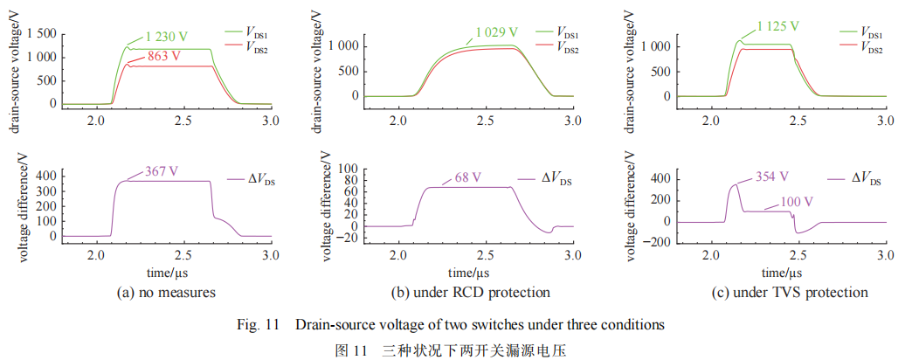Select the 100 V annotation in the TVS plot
pyautogui.click(x=798, y=201)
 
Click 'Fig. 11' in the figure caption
pyautogui.click(x=264, y=325)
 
